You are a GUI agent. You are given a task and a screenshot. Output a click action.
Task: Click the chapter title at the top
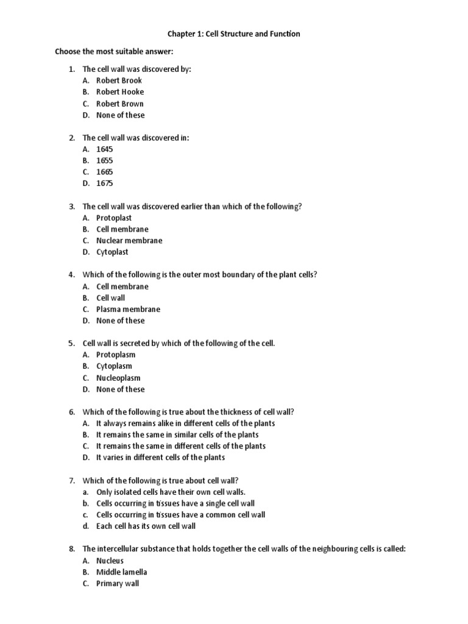point(233,34)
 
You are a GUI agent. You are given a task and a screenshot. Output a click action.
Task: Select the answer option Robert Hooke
point(120,92)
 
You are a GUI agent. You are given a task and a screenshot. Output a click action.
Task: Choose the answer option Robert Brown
point(120,104)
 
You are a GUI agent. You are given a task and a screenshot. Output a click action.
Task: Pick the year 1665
point(104,172)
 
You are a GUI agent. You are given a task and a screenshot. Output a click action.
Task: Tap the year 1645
point(104,149)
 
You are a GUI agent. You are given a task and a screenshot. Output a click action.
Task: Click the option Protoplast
point(114,218)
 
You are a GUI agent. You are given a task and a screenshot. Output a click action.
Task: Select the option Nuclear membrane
point(129,241)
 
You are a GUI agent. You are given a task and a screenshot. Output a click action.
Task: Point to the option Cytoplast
point(112,252)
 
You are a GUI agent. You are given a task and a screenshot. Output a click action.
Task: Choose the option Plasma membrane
point(128,310)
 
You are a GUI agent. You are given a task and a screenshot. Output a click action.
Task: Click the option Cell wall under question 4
point(110,298)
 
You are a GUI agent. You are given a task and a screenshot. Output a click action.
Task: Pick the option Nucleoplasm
point(118,378)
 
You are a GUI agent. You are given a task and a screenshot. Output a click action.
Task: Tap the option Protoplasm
point(116,355)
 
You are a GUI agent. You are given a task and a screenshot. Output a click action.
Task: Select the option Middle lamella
point(121,572)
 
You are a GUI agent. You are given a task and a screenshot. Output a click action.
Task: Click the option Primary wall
point(118,584)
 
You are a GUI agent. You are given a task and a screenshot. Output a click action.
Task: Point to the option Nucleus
point(110,561)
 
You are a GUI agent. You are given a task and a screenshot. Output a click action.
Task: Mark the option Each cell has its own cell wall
point(146,526)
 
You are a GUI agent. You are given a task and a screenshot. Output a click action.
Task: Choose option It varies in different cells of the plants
point(160,458)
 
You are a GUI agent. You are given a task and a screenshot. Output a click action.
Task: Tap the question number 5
point(71,344)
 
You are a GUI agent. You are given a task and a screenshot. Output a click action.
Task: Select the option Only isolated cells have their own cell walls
point(171,492)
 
